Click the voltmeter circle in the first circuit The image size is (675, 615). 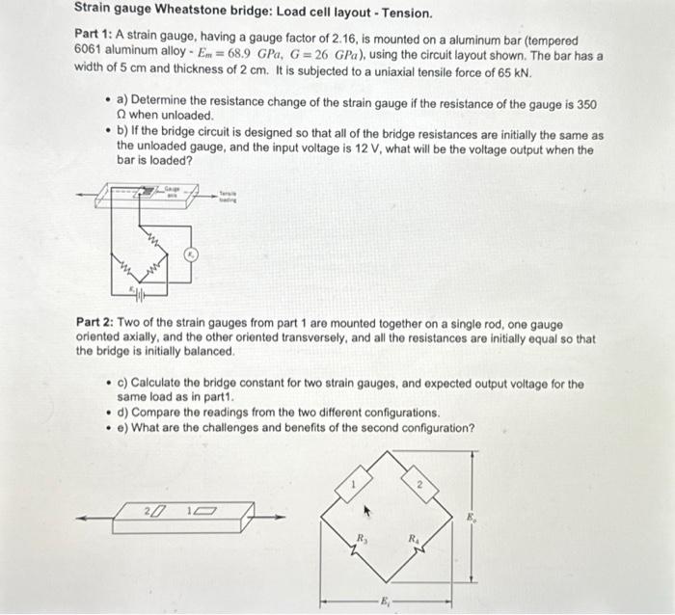point(191,254)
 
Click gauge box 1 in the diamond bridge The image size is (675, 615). point(354,482)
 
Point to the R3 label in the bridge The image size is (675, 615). point(363,538)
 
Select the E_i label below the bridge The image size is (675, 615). point(387,601)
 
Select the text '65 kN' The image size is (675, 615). point(508,72)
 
